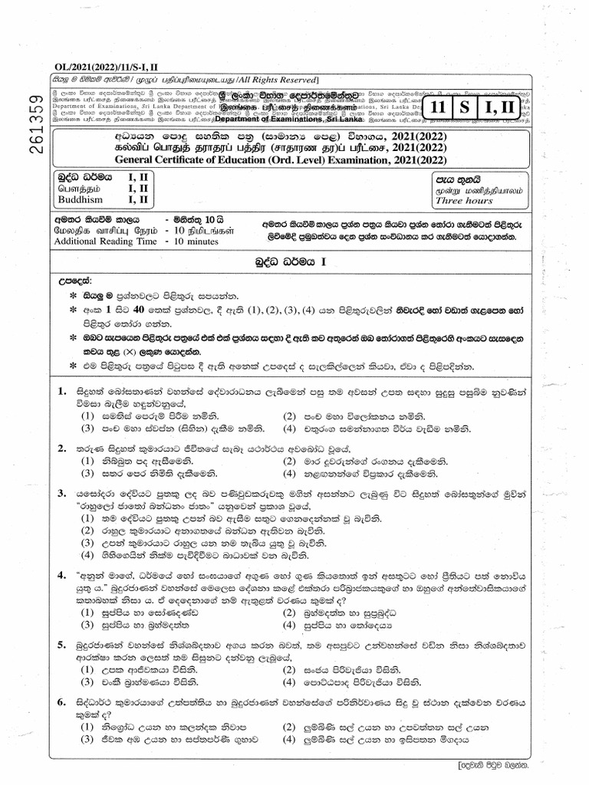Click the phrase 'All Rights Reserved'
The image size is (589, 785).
[271, 80]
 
